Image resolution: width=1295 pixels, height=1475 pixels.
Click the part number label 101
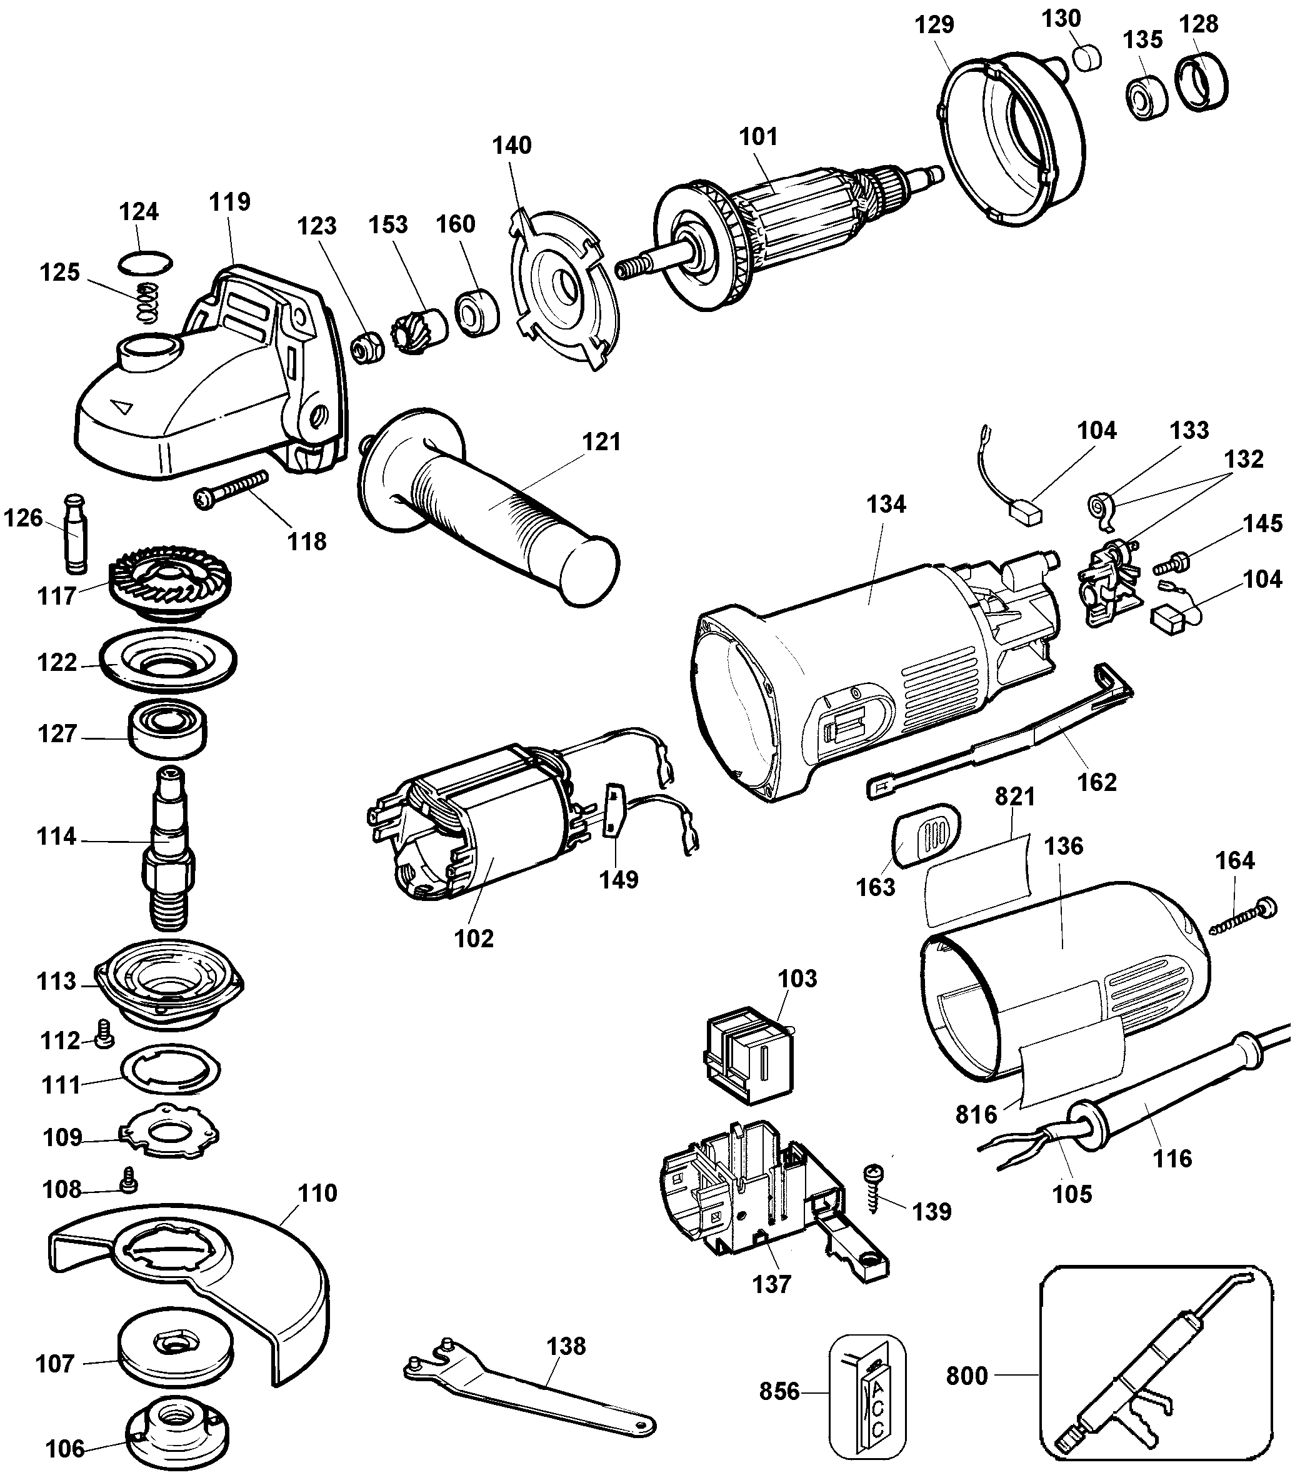point(758,136)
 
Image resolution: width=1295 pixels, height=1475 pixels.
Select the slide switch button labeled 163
point(926,833)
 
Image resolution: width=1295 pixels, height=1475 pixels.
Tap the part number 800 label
point(967,1376)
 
